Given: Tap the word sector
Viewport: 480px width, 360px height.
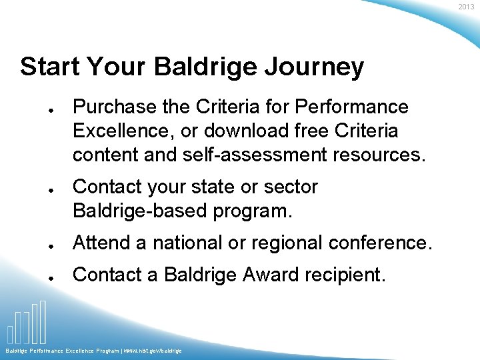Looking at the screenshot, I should pos(291,187).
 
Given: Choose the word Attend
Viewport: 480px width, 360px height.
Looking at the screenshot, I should pos(102,243).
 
